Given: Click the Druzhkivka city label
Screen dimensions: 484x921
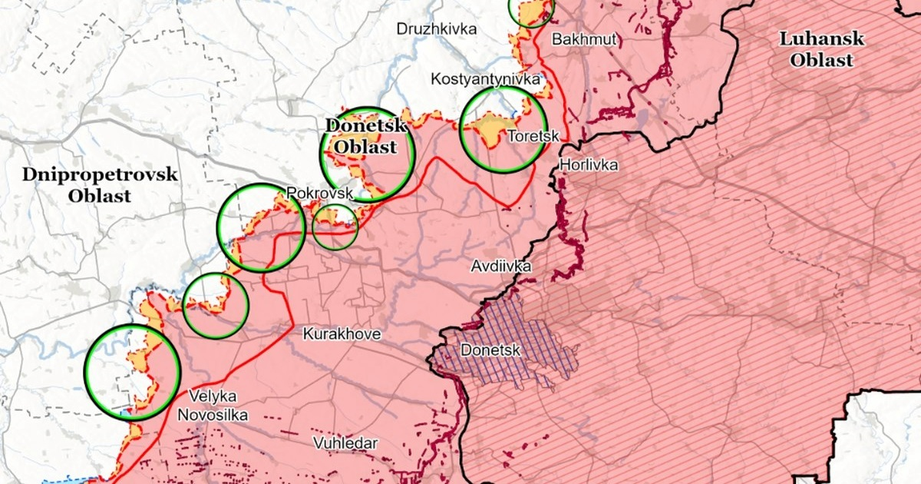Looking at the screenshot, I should pyautogui.click(x=436, y=29).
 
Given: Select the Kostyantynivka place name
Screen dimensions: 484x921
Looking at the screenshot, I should pyautogui.click(x=485, y=79).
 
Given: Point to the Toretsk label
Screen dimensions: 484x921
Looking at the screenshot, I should pyautogui.click(x=530, y=137).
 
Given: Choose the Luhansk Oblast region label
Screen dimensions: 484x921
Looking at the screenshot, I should pyautogui.click(x=820, y=49).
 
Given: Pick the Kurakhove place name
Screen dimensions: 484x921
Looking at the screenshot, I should pyautogui.click(x=342, y=334).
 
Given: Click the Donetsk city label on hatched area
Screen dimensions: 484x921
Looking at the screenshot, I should pyautogui.click(x=490, y=351).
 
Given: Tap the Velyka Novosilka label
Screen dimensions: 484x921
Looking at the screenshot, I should pyautogui.click(x=207, y=406).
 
